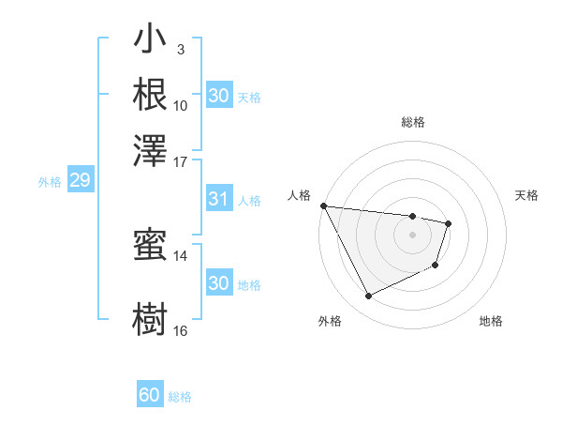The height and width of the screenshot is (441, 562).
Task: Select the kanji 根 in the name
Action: coord(151,94)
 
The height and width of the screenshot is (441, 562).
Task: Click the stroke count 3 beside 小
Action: coord(180,49)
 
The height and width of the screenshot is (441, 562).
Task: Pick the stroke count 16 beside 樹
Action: coord(181,330)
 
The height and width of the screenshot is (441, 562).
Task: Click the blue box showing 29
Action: coord(80,181)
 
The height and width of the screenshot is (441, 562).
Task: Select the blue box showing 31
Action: coord(218,199)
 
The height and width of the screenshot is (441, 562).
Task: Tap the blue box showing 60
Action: coord(150,395)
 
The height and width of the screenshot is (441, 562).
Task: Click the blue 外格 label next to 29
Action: coord(50,182)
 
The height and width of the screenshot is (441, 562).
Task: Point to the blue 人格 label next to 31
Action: coord(249,200)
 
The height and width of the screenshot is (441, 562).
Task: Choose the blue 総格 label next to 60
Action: coord(181,396)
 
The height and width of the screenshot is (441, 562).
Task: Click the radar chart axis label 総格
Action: coord(413,122)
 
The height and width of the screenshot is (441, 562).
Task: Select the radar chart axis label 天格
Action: coord(526,195)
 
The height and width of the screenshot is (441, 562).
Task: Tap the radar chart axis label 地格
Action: coord(491,321)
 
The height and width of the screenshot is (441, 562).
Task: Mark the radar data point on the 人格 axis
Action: coord(323,205)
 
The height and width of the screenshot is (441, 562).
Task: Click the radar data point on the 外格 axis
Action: coord(368,297)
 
